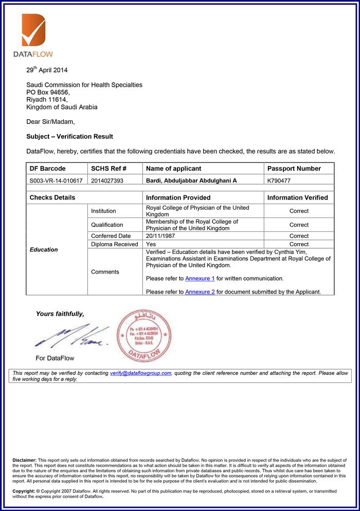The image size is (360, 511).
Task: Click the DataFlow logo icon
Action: [34, 30]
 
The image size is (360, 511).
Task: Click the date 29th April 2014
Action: [47, 70]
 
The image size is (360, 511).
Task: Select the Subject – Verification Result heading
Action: [69, 137]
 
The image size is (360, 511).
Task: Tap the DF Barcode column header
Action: [48, 169]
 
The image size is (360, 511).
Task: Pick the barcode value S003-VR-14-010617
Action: [56, 181]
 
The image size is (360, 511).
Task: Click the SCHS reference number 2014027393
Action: [107, 181]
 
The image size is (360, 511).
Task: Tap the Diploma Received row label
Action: [115, 244]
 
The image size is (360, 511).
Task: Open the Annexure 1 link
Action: [200, 279]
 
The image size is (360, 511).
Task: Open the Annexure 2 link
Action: [200, 292]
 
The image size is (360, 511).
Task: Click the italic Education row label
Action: [44, 250]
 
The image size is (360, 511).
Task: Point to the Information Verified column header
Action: [297, 197]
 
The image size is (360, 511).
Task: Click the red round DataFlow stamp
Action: [143, 336]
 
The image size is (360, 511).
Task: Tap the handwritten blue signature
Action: [72, 337]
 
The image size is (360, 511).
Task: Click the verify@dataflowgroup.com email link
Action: [140, 373]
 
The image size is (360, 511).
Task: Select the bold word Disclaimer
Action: [24, 460]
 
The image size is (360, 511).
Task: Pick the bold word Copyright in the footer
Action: [24, 491]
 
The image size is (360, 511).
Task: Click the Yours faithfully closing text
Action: [60, 314]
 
